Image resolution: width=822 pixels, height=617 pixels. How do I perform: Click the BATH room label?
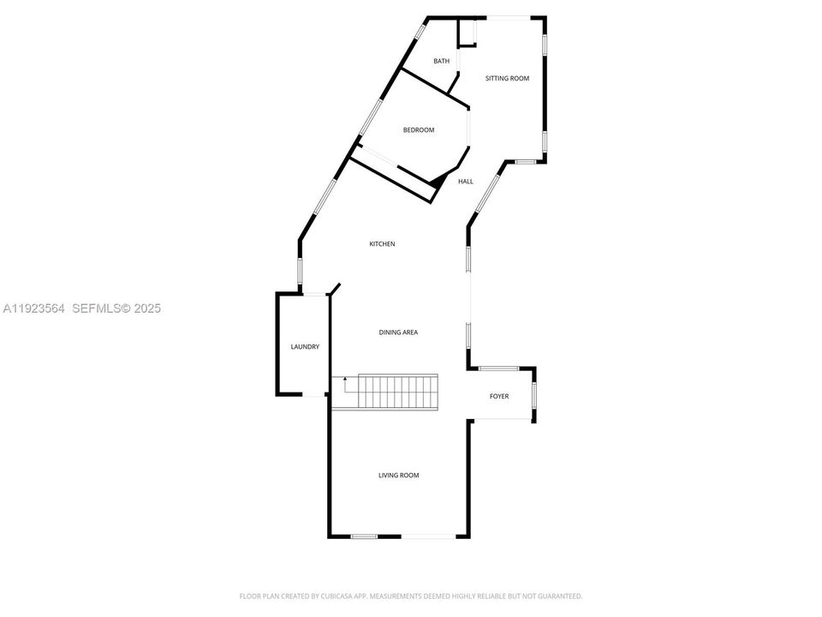point(442,61)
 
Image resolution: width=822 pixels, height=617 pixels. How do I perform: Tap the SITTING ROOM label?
point(508,78)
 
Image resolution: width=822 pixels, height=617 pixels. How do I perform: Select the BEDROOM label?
point(419,130)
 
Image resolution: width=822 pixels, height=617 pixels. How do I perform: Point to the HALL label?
point(466,181)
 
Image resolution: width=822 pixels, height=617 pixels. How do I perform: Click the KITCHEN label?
point(382,244)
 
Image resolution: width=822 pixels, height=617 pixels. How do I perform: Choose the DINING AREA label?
point(398,332)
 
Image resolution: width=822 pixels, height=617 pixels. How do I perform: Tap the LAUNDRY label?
point(305,346)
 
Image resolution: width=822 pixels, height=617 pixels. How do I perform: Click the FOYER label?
point(499,396)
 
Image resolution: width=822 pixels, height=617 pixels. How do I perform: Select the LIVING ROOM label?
point(399,475)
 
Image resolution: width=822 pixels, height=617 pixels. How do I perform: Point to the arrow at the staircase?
point(346,380)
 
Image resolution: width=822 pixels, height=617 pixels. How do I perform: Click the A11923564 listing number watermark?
point(35,308)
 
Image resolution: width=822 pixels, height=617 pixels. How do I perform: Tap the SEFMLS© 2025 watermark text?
point(116,308)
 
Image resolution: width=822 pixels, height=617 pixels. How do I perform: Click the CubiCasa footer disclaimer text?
point(411,596)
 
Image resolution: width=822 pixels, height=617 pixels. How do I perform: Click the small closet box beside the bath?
point(468,33)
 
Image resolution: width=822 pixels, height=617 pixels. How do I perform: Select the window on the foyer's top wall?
point(498,368)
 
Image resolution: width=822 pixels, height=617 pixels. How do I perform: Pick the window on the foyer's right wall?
point(535,394)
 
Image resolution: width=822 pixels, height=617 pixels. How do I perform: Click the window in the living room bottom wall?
point(364,536)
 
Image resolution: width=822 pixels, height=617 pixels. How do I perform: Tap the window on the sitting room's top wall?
point(508,17)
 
